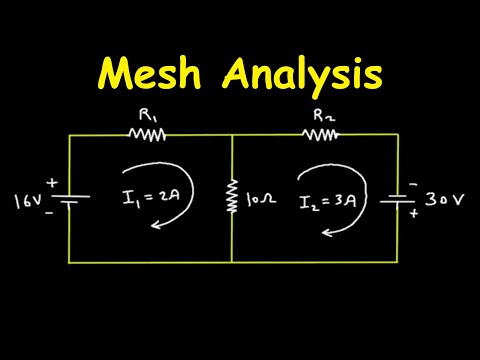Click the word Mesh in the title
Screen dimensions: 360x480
[x=147, y=74]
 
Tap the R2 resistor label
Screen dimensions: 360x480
[x=323, y=116]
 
